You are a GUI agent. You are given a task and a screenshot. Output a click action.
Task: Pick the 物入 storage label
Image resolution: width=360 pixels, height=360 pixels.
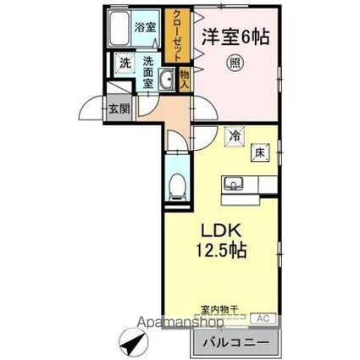click(x=186, y=78)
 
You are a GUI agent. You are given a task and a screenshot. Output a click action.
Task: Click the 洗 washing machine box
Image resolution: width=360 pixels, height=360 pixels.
click(x=125, y=63)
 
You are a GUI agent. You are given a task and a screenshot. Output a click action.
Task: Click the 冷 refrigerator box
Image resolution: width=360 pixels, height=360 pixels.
click(x=235, y=135)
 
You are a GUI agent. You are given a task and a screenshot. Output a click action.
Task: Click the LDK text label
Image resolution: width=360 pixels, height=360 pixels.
click(x=223, y=231)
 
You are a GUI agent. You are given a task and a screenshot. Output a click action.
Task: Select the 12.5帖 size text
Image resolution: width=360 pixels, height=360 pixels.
click(x=223, y=252)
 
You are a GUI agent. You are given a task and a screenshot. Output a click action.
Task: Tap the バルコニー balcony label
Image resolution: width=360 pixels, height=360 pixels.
click(x=237, y=341)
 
